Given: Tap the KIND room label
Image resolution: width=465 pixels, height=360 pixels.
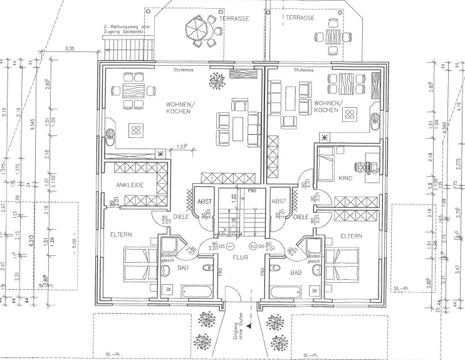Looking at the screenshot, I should click(x=345, y=178).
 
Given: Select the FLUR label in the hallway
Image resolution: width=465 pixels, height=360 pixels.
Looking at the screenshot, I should click(x=239, y=256).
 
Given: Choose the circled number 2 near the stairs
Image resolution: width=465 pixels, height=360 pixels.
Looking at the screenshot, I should click(x=253, y=246).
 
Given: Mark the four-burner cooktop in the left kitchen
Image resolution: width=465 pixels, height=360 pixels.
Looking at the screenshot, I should click(x=135, y=130).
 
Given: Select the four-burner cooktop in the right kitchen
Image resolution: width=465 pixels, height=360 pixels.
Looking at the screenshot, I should click(x=350, y=113).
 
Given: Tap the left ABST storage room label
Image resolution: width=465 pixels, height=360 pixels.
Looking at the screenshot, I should click(x=205, y=201).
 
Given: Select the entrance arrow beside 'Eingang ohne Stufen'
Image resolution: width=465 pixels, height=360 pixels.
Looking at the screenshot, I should click(x=249, y=326).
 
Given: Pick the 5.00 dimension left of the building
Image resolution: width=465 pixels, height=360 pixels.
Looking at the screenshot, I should click(x=73, y=240).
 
